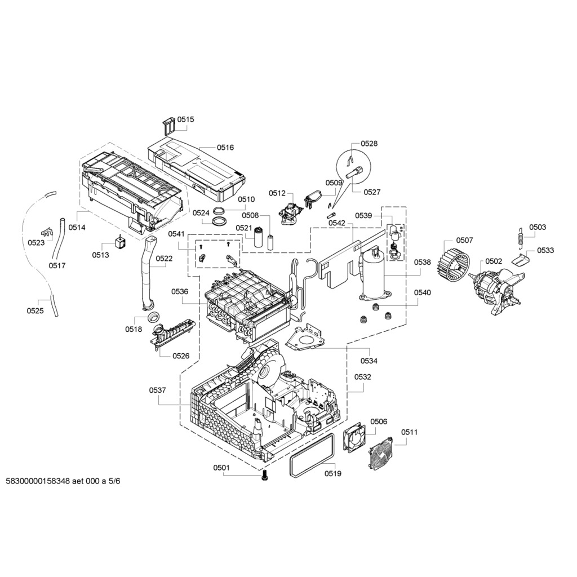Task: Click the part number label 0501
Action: (x=221, y=467)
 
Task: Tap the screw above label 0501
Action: (x=265, y=476)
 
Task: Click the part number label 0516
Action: (x=225, y=148)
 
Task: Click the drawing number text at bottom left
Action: (x=63, y=481)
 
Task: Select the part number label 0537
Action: (x=158, y=390)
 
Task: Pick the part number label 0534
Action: (x=369, y=361)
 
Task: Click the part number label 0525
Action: (x=35, y=310)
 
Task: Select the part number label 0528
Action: (x=369, y=144)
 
